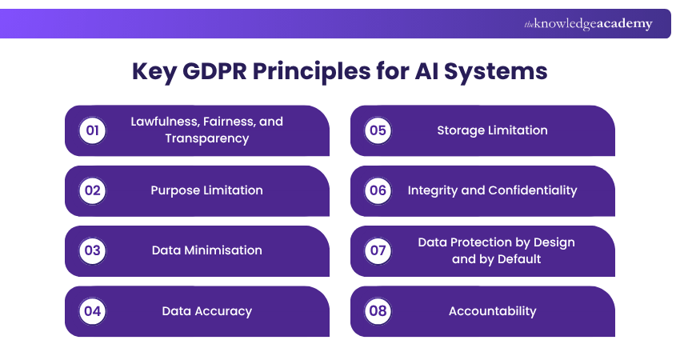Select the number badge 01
click(93, 130)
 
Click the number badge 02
click(93, 190)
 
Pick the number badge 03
click(93, 250)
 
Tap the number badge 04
click(93, 311)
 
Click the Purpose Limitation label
click(206, 190)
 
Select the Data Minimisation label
click(206, 250)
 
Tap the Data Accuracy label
click(206, 311)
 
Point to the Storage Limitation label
click(492, 130)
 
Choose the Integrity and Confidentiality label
click(492, 190)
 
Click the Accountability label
click(492, 311)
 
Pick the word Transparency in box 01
click(206, 138)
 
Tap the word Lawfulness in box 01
click(164, 122)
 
